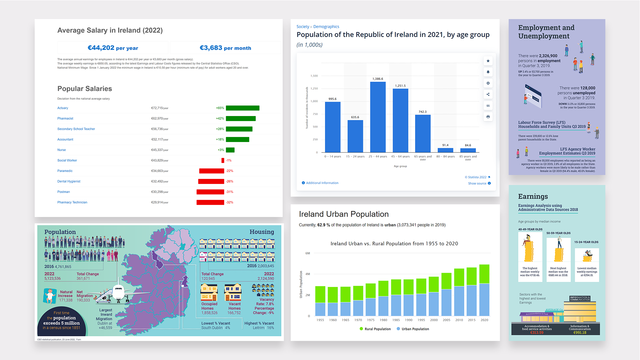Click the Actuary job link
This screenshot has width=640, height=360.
click(x=63, y=108)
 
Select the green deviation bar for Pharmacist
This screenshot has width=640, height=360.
click(x=241, y=119)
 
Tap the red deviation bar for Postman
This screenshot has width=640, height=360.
click(x=210, y=192)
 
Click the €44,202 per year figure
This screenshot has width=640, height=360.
click(x=113, y=48)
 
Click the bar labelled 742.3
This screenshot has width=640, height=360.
click(x=423, y=133)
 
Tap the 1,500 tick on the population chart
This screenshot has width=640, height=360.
click(x=314, y=76)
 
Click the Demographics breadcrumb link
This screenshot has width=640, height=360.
click(x=326, y=27)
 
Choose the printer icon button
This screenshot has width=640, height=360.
click(x=488, y=117)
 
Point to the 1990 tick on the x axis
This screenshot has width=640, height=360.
click(x=409, y=320)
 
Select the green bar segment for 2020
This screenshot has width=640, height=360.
click(x=484, y=274)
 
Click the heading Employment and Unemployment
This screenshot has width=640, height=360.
click(x=546, y=32)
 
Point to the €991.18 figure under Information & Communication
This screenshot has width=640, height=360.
click(x=580, y=333)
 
